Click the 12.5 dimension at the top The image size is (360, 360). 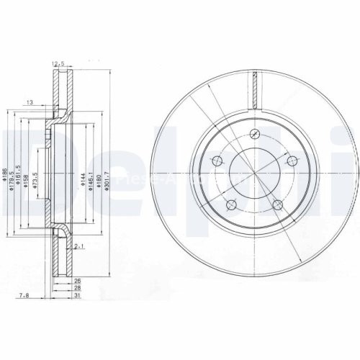pyautogui.click(x=58, y=63)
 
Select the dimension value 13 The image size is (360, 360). pyautogui.click(x=30, y=102)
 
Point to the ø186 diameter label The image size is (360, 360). pyautogui.click(x=5, y=173)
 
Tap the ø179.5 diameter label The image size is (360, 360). pyautogui.click(x=12, y=173)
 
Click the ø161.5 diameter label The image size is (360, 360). pyautogui.click(x=19, y=173)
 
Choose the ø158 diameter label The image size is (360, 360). pyautogui.click(x=27, y=174)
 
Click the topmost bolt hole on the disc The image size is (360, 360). pyautogui.click(x=255, y=132)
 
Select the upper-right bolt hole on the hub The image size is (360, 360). pyautogui.click(x=292, y=161)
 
